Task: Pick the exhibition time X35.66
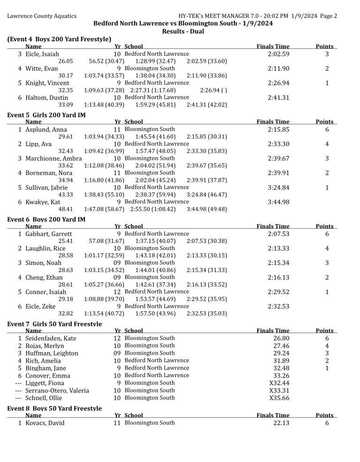279,398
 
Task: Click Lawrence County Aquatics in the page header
42,16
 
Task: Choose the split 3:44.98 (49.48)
207,209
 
